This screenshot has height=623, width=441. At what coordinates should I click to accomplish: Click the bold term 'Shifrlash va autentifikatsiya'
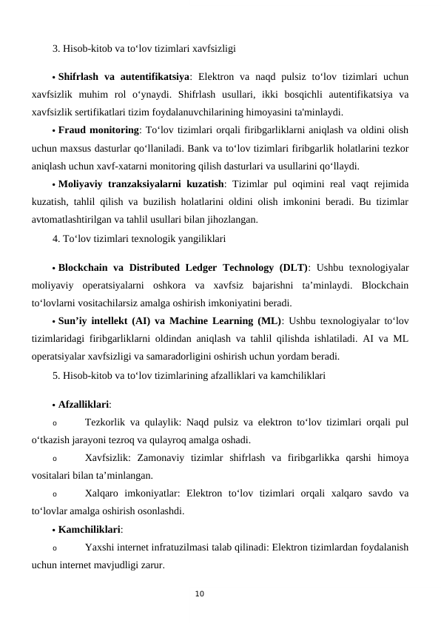point(123,75)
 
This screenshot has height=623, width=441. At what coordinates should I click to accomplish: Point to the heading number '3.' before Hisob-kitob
point(57,50)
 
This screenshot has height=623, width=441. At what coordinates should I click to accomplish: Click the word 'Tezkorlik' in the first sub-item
point(105,422)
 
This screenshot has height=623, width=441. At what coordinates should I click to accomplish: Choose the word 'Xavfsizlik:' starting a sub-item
point(109,458)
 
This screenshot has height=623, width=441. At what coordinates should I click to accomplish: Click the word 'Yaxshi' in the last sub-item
point(100,548)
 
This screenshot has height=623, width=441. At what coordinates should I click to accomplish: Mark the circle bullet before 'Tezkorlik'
point(55,423)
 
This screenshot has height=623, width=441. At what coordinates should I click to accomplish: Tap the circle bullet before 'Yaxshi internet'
point(55,548)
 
